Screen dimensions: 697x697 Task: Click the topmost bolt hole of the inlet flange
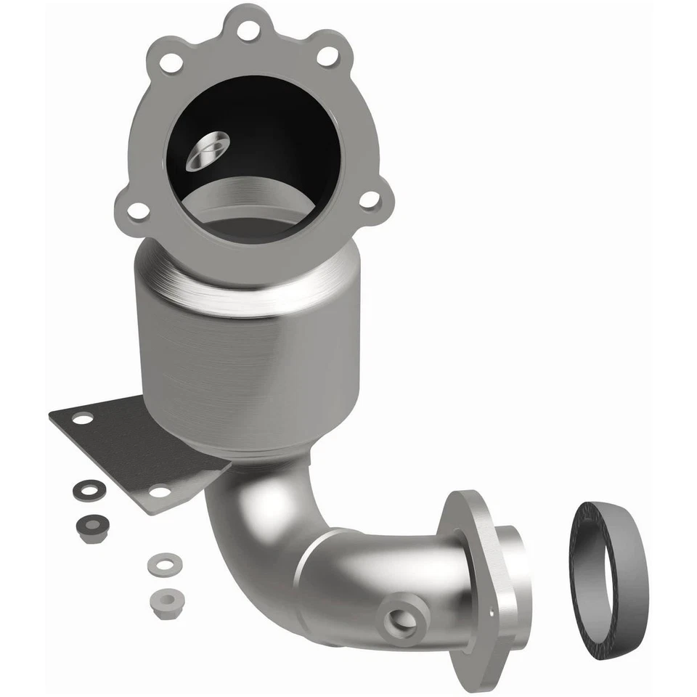(x=248, y=30)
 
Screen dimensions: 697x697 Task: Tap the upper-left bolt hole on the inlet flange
(x=171, y=62)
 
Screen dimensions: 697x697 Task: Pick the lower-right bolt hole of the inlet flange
(x=370, y=198)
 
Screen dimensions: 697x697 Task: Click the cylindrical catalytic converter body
(x=247, y=363)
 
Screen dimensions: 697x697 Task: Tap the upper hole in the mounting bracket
(x=83, y=419)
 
